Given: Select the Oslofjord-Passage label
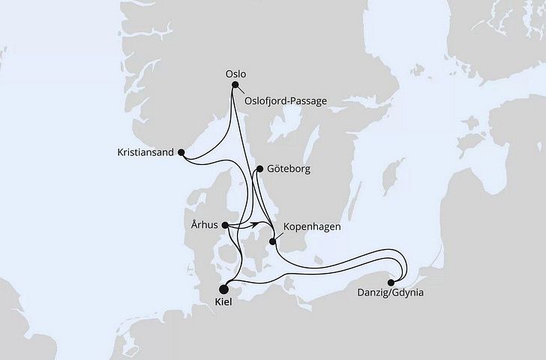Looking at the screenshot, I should (286, 100).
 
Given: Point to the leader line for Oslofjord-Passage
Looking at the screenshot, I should (239, 91).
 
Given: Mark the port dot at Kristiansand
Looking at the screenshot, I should (181, 152).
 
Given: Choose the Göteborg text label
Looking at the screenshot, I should (288, 169).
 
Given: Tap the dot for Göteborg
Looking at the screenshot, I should (259, 169).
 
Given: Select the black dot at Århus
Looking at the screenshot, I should (226, 223).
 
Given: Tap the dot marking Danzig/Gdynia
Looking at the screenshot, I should (390, 282).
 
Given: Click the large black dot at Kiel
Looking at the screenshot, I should (223, 287).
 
